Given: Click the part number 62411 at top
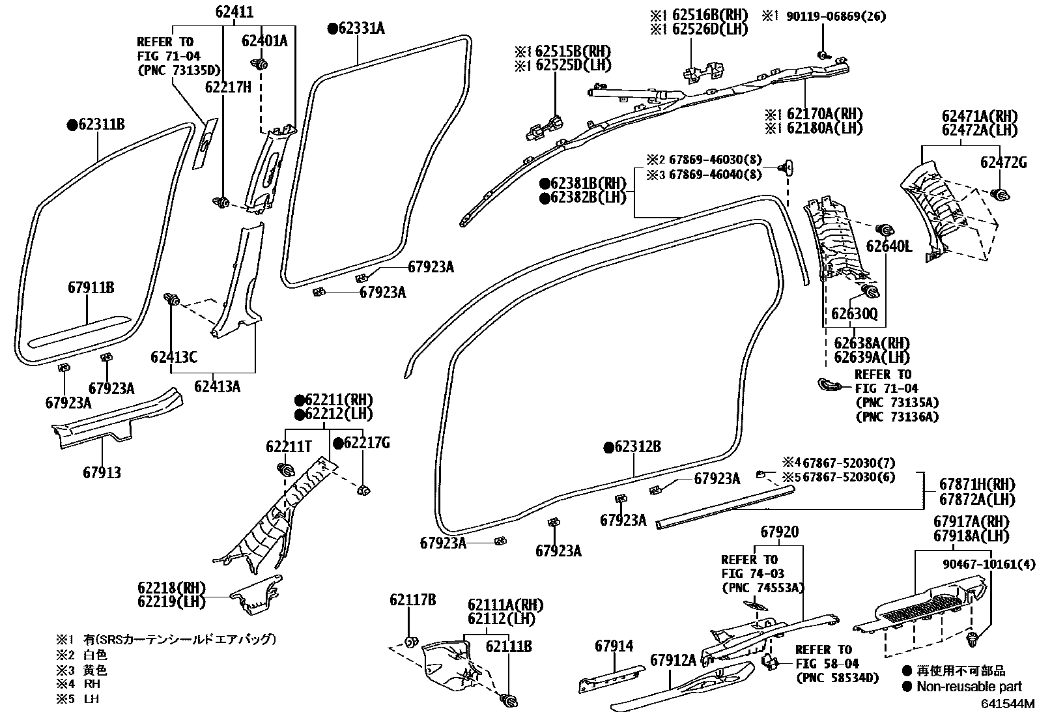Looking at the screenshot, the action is click(234, 12).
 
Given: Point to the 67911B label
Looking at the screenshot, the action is click(91, 287).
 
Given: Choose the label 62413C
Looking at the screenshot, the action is click(174, 357).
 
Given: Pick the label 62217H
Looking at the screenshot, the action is click(228, 87).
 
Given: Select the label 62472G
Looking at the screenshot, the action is click(1004, 163).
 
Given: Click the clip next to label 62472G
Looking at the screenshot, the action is click(1001, 195).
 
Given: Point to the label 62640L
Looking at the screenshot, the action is click(889, 246).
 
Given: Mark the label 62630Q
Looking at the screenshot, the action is click(854, 314).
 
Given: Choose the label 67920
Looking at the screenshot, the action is click(780, 532).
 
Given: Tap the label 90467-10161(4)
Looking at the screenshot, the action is click(987, 565).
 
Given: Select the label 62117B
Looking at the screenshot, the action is click(413, 600).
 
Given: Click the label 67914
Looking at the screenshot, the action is click(614, 646).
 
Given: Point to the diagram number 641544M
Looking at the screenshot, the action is click(1008, 704).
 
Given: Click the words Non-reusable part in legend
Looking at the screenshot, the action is click(969, 687).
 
